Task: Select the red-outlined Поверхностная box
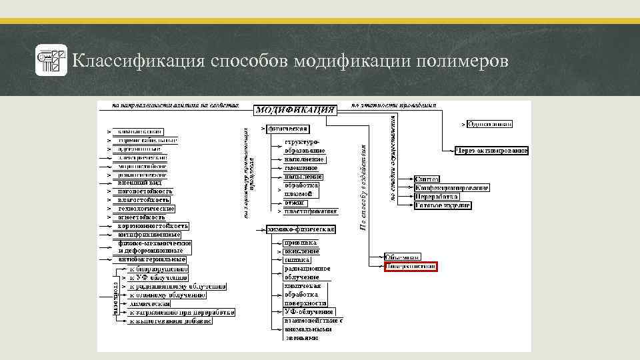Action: [411, 267]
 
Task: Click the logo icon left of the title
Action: [51, 61]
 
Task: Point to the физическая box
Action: [288, 129]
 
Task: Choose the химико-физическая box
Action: [301, 229]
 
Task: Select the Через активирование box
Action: [491, 151]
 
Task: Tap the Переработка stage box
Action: [437, 197]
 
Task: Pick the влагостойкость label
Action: [143, 200]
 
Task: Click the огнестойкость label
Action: [141, 217]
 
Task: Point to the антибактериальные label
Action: [151, 259]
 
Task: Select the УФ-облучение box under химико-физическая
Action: [308, 312]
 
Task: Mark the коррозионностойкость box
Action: [153, 226]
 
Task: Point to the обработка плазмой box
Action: [303, 189]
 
